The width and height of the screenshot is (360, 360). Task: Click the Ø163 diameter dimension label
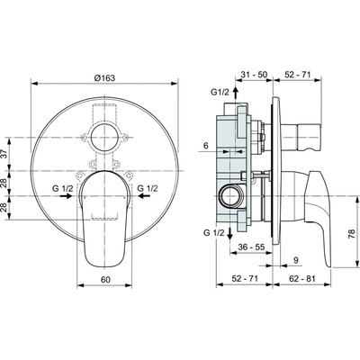point(105,76)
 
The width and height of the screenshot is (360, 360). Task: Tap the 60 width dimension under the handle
point(105,280)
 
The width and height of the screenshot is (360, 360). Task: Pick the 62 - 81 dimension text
point(302,281)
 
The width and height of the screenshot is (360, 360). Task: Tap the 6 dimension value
point(205,146)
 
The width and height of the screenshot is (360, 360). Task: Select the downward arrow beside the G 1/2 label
point(236,236)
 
